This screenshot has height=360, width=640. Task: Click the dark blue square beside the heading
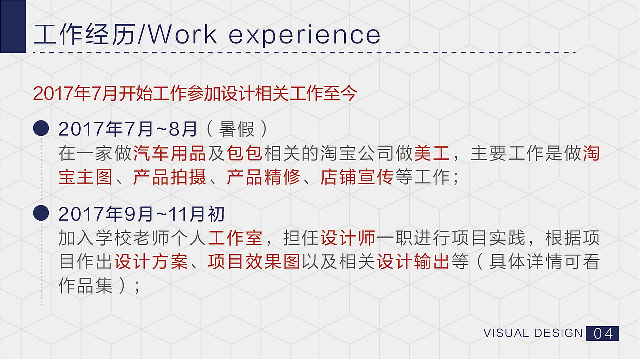[x=13, y=26]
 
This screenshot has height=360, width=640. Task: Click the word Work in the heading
[x=183, y=35]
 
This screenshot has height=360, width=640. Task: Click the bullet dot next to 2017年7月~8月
[x=41, y=129]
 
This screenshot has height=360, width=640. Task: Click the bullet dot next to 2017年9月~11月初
[x=41, y=213]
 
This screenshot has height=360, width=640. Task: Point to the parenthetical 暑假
[x=237, y=129]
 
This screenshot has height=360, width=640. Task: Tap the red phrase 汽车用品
[x=170, y=153]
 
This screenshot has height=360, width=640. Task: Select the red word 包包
[x=245, y=153]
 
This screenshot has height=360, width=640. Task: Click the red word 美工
[x=432, y=153]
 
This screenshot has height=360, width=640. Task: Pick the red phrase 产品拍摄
[x=170, y=177]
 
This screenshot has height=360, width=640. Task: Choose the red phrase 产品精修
[x=263, y=177]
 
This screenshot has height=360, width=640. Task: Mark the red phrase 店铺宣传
[x=357, y=177]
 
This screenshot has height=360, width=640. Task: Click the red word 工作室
[x=235, y=238]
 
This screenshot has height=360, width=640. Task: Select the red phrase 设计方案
[x=151, y=262]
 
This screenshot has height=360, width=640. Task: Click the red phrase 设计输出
[x=413, y=262]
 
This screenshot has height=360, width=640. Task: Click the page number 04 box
[x=602, y=333]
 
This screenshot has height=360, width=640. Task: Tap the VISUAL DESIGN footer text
[x=533, y=333]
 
